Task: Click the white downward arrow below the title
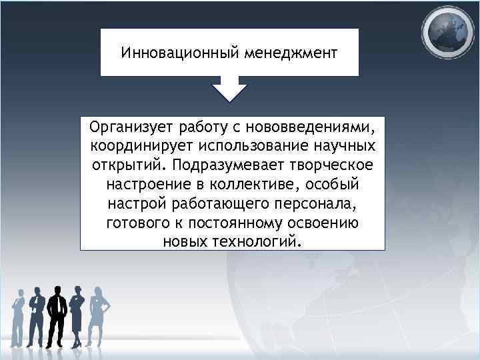(229, 89)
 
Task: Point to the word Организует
(133, 126)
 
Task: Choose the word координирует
(135, 145)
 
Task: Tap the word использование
(252, 145)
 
